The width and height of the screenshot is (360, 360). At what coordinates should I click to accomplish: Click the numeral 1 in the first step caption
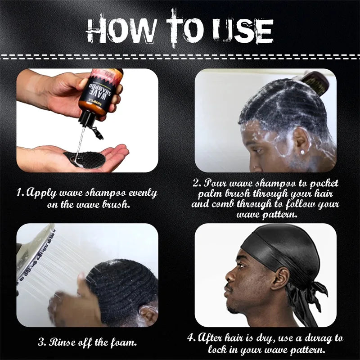coord(19,193)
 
